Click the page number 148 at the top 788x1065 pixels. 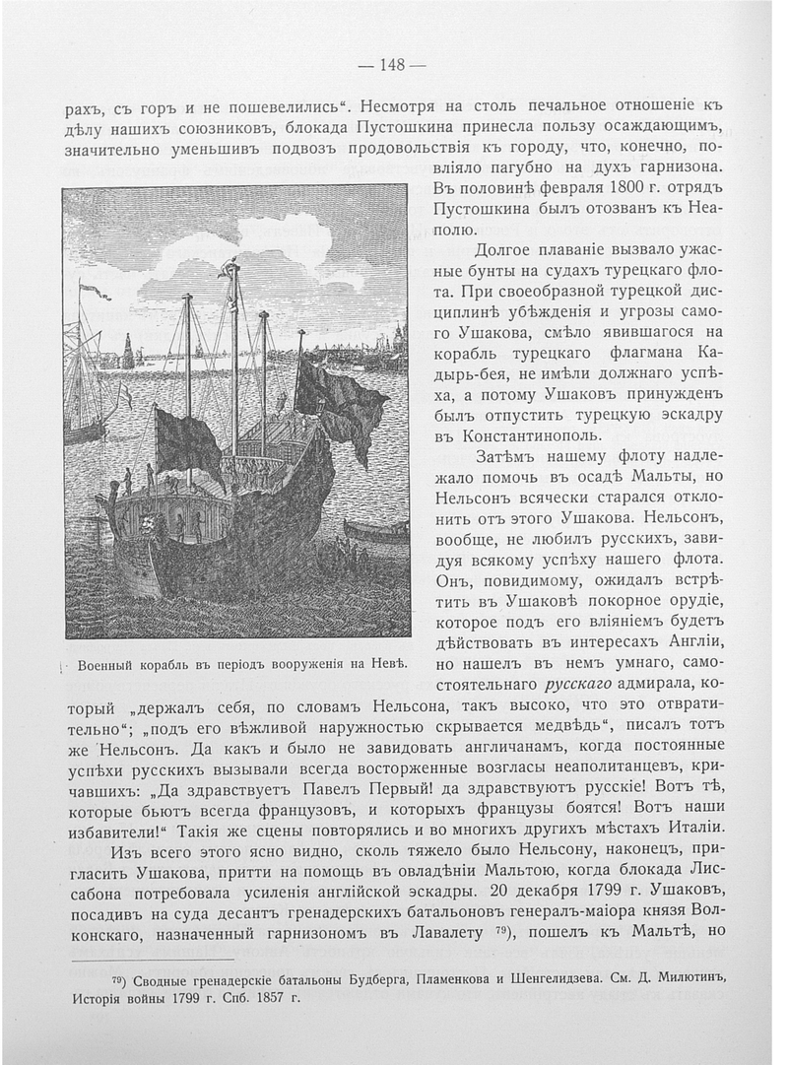[393, 65]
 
